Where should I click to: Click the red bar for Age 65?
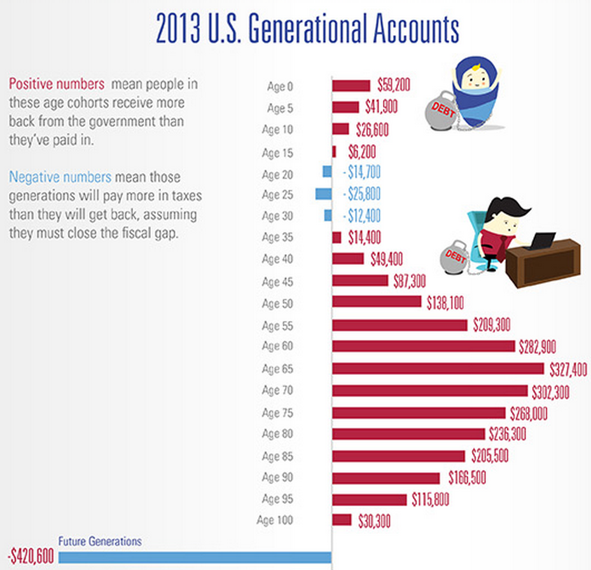[x=438, y=369]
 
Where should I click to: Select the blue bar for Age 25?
[x=324, y=194]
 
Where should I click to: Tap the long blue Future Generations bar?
[x=195, y=557]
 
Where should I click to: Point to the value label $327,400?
[x=567, y=369]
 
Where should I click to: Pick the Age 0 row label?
[x=278, y=86]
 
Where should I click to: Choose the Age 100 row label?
[x=275, y=520]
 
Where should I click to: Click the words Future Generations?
[x=100, y=542]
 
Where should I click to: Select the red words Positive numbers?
[x=56, y=84]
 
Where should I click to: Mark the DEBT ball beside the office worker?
[x=455, y=257]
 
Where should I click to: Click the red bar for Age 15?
[x=334, y=151]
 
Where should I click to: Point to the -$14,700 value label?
[x=362, y=172]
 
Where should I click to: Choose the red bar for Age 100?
[x=342, y=520]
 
